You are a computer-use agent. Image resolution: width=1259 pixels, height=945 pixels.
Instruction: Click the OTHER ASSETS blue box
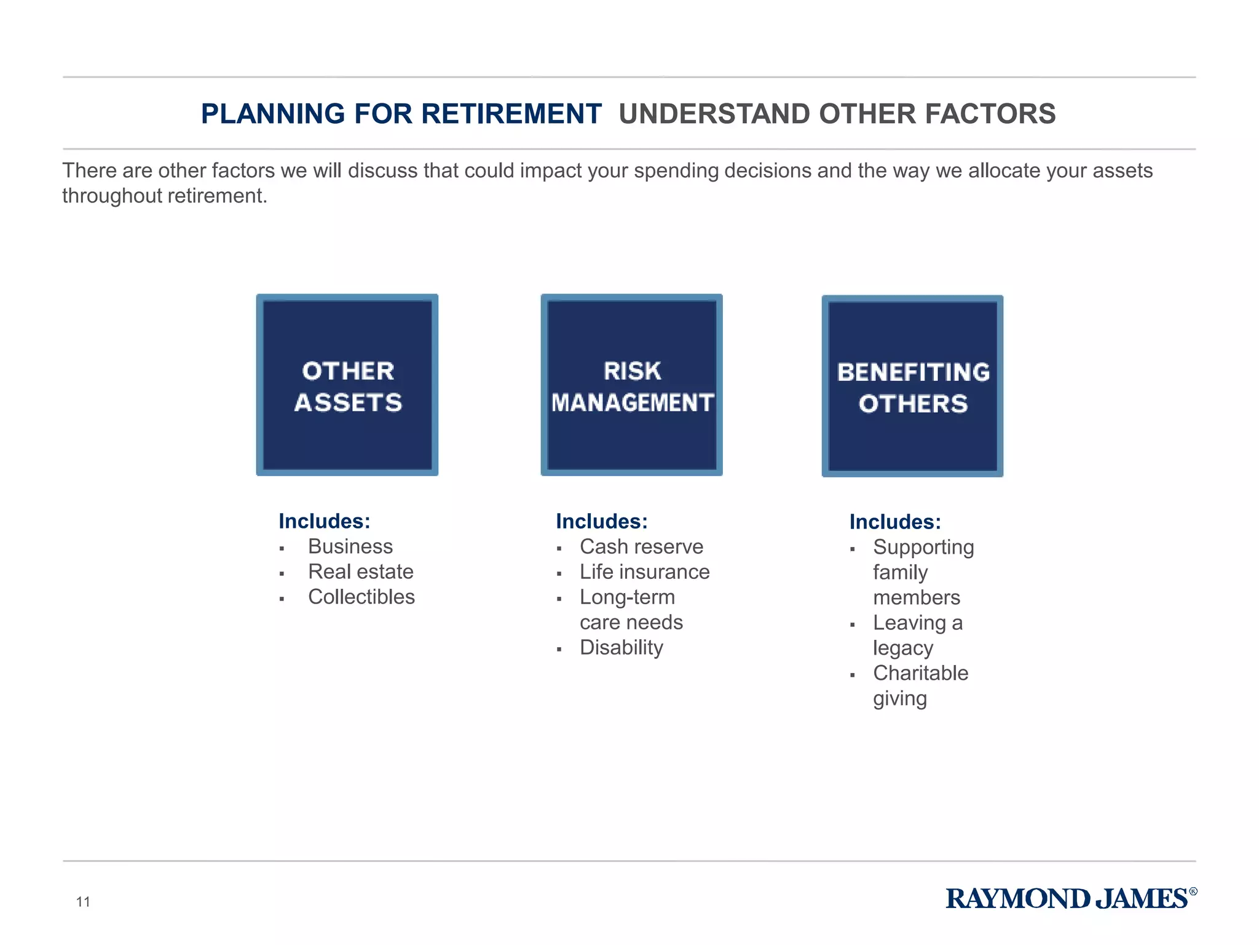(x=347, y=385)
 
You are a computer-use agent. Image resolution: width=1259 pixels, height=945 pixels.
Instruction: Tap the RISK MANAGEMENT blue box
(x=631, y=385)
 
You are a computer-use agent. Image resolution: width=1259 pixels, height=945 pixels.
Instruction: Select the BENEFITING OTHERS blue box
(x=912, y=386)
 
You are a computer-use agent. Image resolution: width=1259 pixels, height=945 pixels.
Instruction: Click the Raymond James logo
(x=1071, y=899)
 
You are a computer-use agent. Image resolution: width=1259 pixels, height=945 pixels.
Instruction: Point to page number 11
(x=83, y=902)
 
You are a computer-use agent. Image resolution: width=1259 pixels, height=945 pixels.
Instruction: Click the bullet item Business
(x=350, y=546)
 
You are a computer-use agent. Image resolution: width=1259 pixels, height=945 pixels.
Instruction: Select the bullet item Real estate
(x=361, y=572)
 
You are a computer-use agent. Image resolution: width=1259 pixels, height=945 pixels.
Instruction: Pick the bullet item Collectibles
(x=361, y=597)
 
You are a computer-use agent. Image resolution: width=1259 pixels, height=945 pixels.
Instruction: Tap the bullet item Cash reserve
(x=641, y=546)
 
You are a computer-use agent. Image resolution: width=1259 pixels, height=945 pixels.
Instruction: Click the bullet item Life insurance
(x=644, y=572)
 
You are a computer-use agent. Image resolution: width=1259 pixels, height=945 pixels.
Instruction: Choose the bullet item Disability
(x=622, y=647)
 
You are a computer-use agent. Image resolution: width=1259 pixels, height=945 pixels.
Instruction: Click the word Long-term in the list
(x=627, y=597)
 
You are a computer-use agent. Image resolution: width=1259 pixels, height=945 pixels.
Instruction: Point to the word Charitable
(x=920, y=673)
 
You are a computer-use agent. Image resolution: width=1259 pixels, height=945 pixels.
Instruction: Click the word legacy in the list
(x=903, y=648)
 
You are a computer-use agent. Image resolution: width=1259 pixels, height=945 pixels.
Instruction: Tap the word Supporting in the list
(x=923, y=547)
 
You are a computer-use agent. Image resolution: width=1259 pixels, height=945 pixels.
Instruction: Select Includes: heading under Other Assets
(x=325, y=521)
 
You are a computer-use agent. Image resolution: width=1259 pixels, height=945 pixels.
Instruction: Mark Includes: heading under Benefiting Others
(x=895, y=522)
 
